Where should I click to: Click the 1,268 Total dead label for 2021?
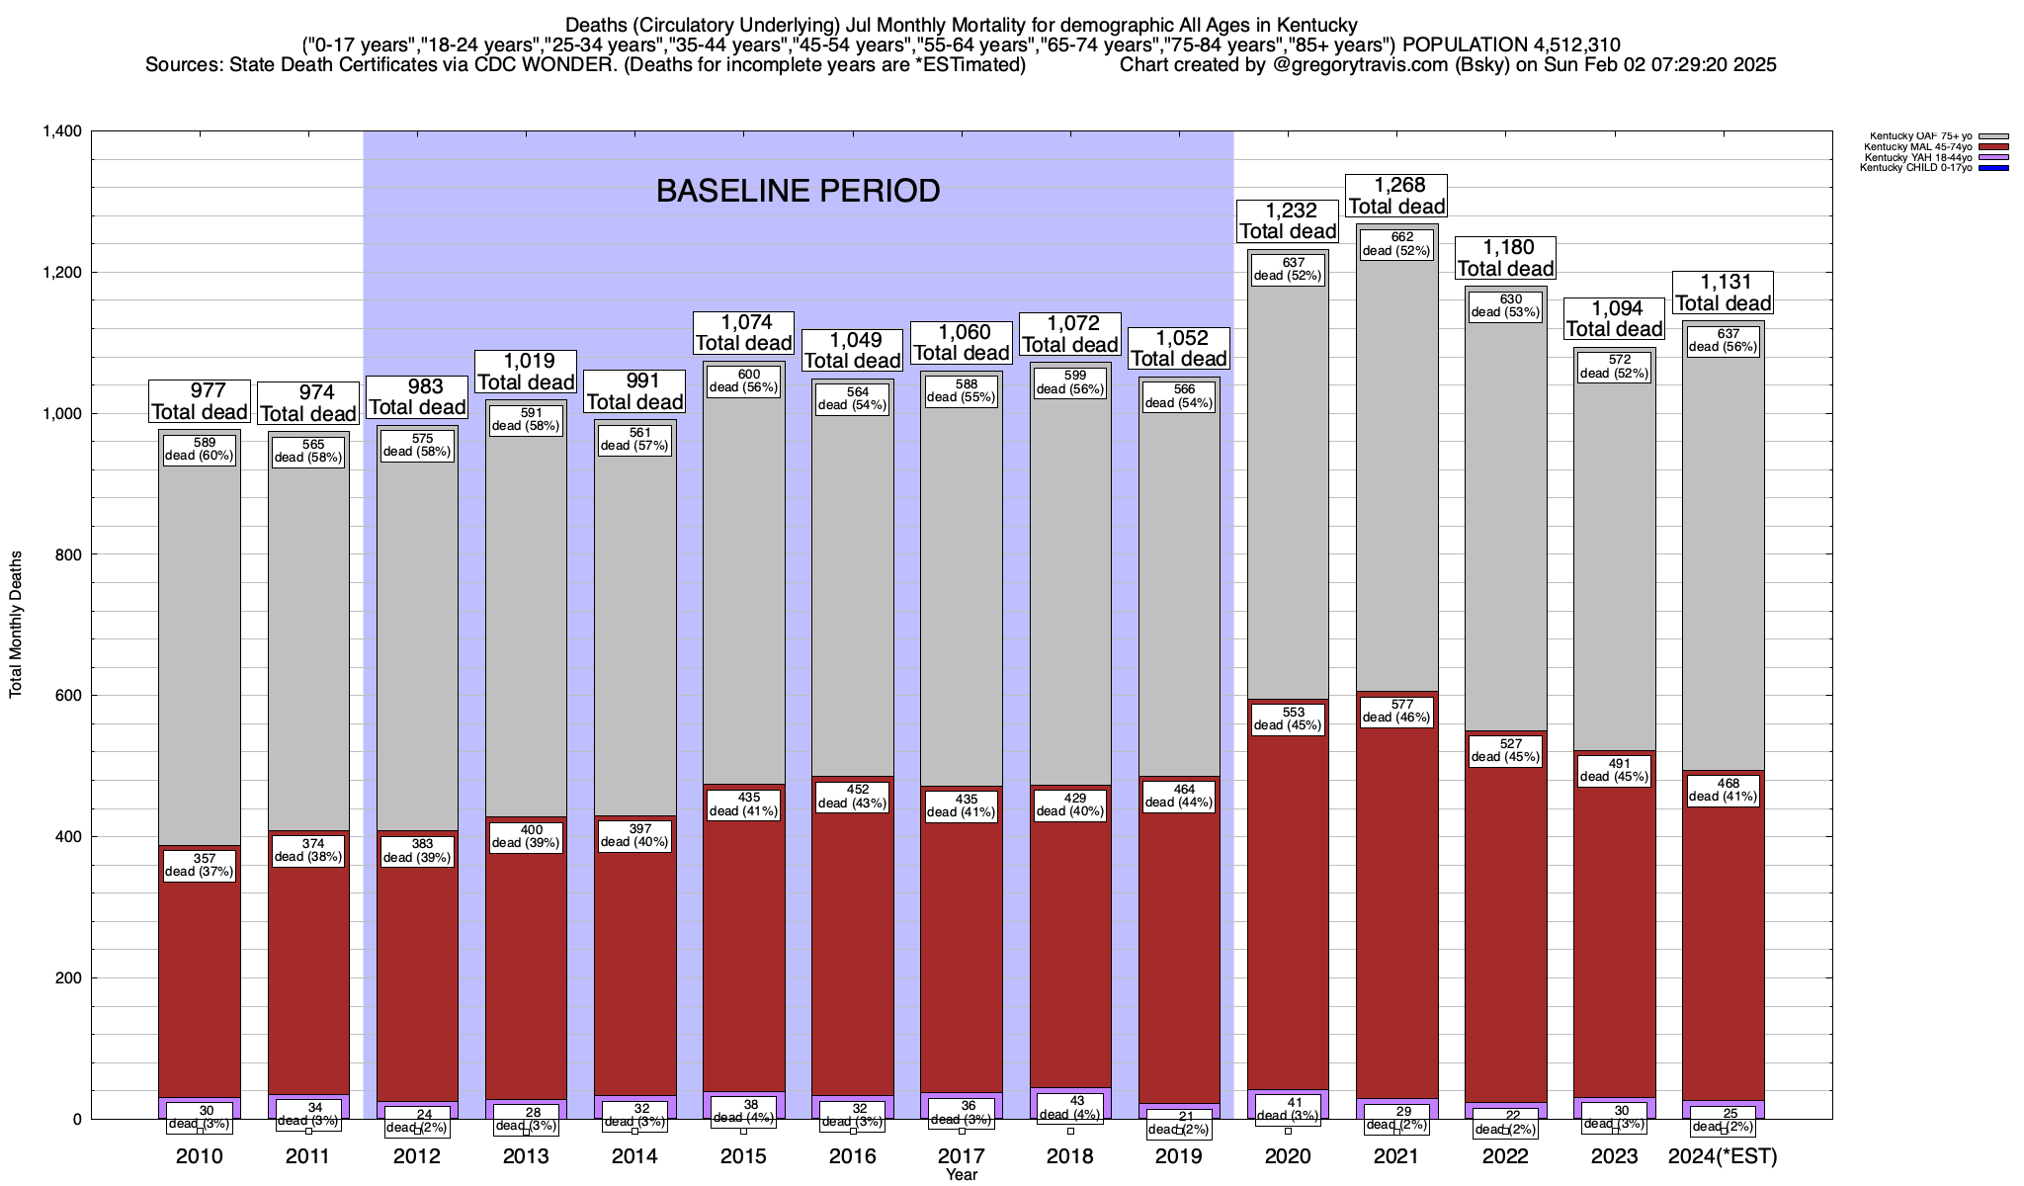tap(1396, 196)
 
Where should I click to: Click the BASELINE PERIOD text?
tap(798, 191)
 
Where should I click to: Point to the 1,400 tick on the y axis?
tap(62, 131)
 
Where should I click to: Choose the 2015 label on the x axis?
tap(744, 1156)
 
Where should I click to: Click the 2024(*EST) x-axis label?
tap(1723, 1156)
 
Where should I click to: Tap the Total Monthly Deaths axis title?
tap(16, 625)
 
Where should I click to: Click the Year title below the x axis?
tap(961, 1175)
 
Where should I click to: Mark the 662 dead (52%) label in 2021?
tap(1396, 244)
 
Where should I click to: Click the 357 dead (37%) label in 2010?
tap(200, 865)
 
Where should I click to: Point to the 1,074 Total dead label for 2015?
tap(743, 332)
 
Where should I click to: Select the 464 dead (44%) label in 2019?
tap(1179, 796)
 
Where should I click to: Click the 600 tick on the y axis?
tap(69, 696)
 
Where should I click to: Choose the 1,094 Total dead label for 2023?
tap(1614, 318)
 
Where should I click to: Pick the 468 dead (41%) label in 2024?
tap(1723, 790)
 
